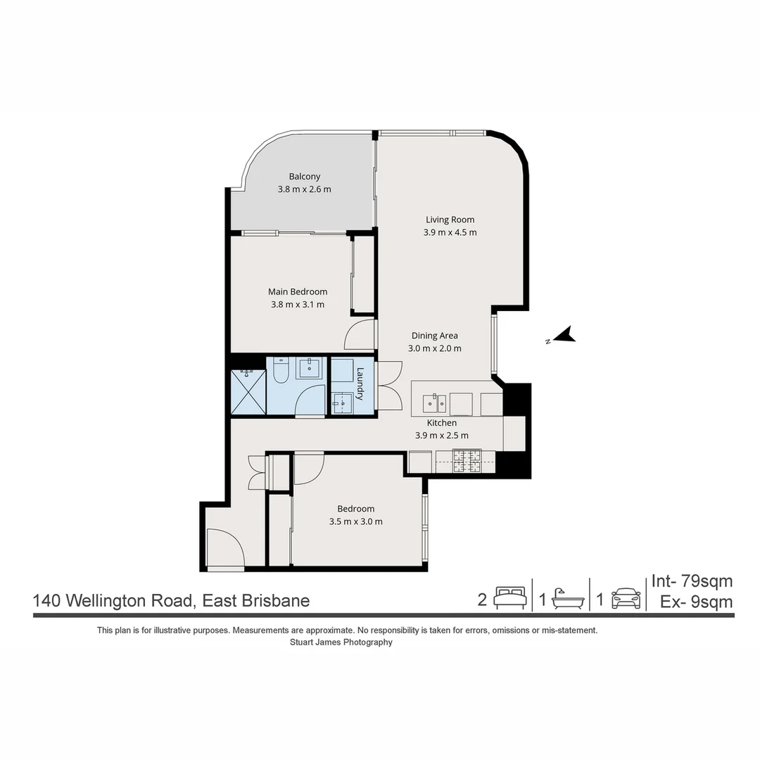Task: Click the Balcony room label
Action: coord(304,177)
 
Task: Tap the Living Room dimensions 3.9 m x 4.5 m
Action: coord(450,232)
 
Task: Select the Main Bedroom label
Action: coord(297,291)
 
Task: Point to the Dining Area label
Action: coord(434,336)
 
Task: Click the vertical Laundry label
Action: coord(360,384)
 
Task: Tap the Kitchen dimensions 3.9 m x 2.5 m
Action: coord(441,435)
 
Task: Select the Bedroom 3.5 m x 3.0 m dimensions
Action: coord(355,521)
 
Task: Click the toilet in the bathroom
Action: coord(280,370)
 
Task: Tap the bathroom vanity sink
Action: coord(308,368)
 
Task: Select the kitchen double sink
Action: coord(434,403)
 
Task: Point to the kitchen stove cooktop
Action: coord(466,461)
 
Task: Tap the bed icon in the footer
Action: coord(509,598)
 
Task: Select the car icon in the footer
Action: coord(626,598)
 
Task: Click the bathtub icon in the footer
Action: coord(567,599)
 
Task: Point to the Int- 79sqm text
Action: coord(692,581)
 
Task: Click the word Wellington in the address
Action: coord(146,601)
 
